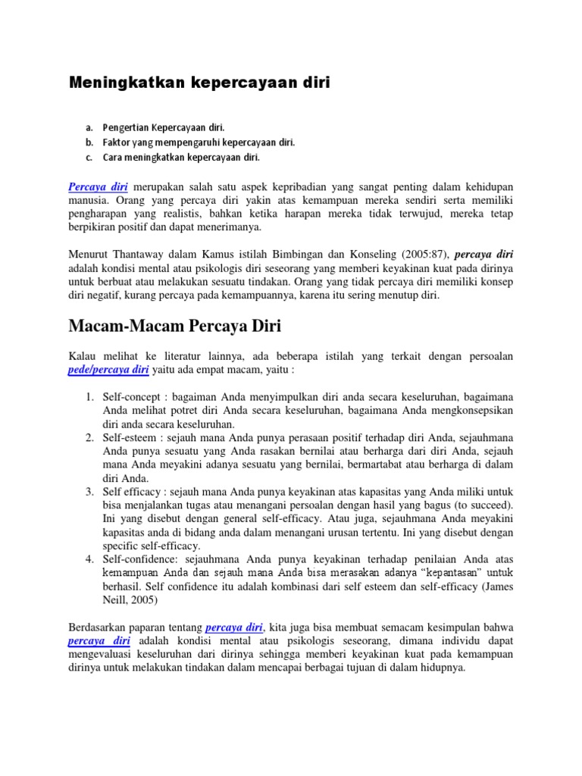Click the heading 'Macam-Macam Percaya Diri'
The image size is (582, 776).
[x=174, y=327]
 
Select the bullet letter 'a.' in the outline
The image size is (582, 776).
[x=89, y=127]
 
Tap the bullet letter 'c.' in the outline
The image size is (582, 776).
[x=89, y=158]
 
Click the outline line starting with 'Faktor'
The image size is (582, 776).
[x=199, y=142]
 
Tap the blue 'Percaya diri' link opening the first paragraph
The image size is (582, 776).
[x=98, y=186]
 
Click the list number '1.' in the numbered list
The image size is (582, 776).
[x=89, y=396]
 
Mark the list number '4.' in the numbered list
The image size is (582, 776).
[x=89, y=559]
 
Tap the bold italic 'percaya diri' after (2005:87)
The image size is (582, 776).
[x=489, y=254]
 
